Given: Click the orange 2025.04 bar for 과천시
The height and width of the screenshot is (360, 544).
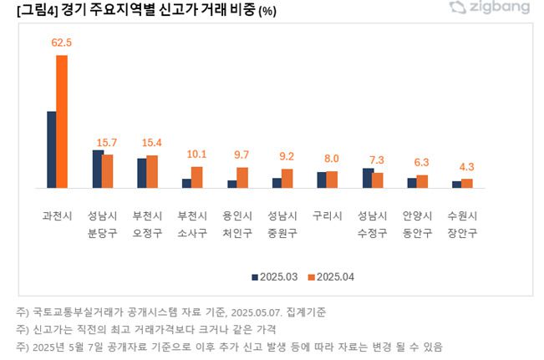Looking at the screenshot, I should [x=62, y=121].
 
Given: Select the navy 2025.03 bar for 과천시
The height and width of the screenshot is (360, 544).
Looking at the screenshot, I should [x=51, y=149].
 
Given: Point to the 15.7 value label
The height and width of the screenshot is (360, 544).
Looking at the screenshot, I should [x=107, y=142].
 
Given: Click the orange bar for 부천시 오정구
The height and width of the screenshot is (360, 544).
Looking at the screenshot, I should [x=152, y=171].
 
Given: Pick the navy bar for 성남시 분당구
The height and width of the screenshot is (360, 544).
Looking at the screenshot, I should [x=97, y=169].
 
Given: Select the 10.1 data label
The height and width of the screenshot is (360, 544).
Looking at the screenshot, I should [x=197, y=154].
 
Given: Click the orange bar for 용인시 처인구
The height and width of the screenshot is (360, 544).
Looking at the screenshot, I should [x=242, y=177].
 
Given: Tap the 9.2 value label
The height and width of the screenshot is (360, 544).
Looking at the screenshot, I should [x=287, y=156].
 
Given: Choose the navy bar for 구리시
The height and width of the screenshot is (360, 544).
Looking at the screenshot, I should [x=322, y=180].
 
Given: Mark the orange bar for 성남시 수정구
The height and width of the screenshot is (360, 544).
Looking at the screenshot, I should [x=378, y=180].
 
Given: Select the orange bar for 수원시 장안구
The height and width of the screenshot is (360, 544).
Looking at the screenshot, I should [x=467, y=183].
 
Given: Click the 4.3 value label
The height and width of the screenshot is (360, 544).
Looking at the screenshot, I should [x=466, y=166].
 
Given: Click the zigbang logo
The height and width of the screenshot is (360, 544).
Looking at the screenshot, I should [x=489, y=8].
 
